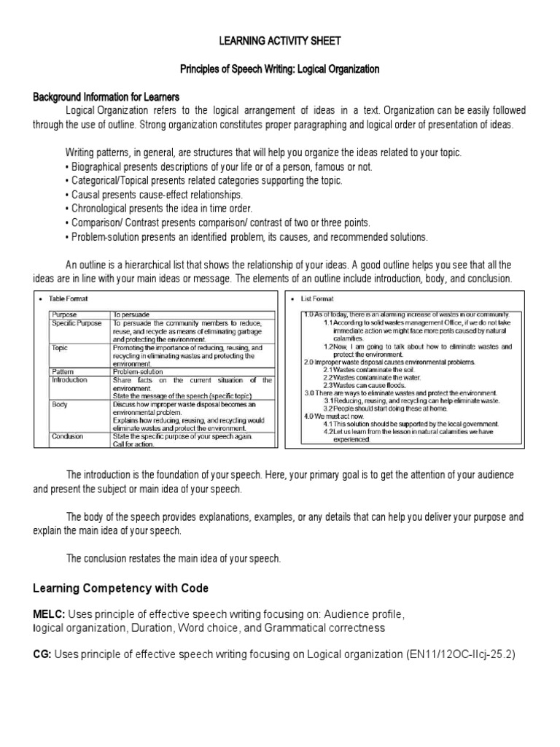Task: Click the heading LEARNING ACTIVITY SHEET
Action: click(x=280, y=42)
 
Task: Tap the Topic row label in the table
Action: click(x=60, y=349)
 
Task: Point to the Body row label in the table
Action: click(x=59, y=403)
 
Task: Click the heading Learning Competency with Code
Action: click(x=121, y=588)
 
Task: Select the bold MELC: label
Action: click(x=48, y=614)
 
